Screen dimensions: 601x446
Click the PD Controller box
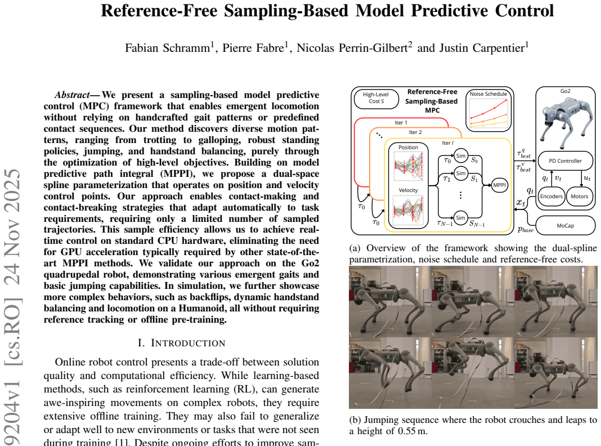coord(566,161)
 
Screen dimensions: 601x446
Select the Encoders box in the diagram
coord(551,197)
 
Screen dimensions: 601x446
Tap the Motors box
coord(579,197)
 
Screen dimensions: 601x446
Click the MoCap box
coord(566,225)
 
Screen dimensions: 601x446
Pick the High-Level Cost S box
coord(376,98)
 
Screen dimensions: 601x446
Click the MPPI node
coord(500,185)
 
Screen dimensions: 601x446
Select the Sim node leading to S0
coord(461,155)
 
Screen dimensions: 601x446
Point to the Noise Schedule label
coord(488,94)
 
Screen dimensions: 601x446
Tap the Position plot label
coord(408,148)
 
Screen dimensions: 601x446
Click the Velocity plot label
coord(408,190)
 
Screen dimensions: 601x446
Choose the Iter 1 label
coord(401,123)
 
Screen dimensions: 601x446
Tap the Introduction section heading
coord(181,343)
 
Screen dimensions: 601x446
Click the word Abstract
coord(73,95)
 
